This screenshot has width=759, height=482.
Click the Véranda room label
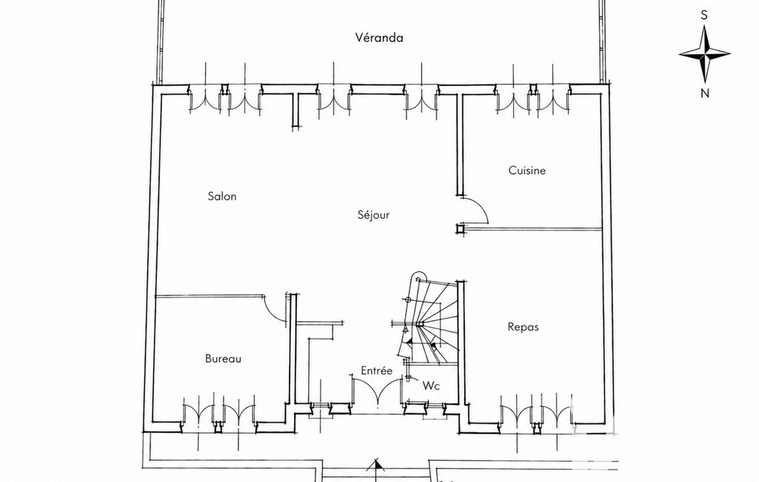click(x=379, y=38)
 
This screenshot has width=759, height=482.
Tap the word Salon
click(x=222, y=197)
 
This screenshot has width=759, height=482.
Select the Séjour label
click(x=374, y=215)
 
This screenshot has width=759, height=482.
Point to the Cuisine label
click(x=527, y=171)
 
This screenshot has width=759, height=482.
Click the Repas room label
click(x=524, y=327)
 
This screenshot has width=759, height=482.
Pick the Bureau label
click(x=223, y=359)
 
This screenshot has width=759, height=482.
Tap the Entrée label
click(x=377, y=371)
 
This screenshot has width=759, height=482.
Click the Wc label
click(x=431, y=386)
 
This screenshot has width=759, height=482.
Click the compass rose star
click(x=705, y=54)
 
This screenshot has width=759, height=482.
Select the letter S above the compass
click(x=704, y=16)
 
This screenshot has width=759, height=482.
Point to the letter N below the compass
click(x=705, y=93)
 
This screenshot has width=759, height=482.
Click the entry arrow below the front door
click(x=375, y=466)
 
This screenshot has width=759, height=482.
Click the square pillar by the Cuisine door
click(x=460, y=228)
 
